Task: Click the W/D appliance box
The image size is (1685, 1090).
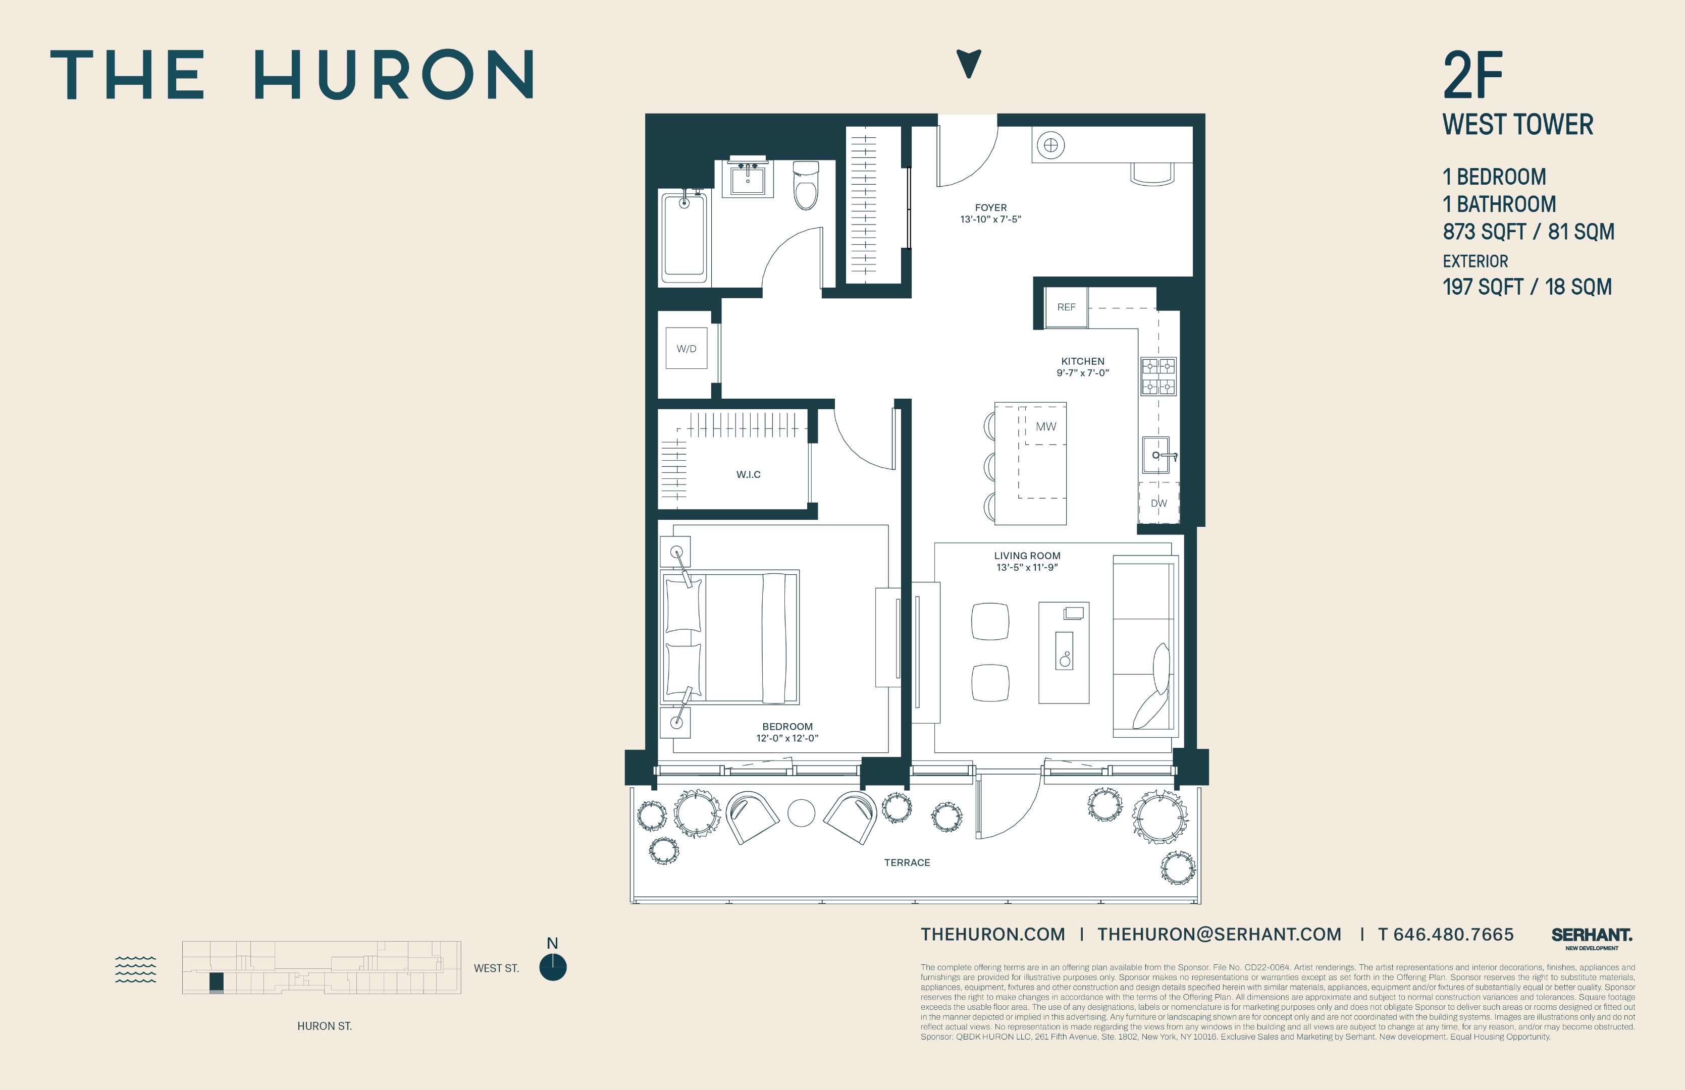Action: point(686,348)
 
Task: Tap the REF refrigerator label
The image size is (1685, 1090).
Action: point(1066,307)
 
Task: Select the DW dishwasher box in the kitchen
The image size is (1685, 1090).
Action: point(1159,503)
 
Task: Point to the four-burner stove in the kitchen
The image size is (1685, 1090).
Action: point(1159,376)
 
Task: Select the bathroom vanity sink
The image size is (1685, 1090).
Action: point(748,178)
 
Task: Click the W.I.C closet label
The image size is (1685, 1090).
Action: point(748,474)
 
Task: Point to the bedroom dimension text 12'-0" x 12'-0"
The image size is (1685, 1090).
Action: point(787,738)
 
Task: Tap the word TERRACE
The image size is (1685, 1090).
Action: point(907,862)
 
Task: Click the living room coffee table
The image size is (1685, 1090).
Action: point(1064,652)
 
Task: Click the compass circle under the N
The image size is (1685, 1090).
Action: point(552,967)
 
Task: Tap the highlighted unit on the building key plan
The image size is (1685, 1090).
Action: point(217,982)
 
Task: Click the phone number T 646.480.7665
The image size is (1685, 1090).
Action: point(1446,934)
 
